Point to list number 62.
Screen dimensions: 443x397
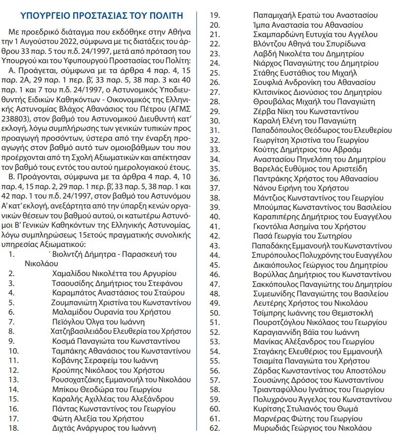point(215,428)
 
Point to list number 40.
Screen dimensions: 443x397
point(215,216)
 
